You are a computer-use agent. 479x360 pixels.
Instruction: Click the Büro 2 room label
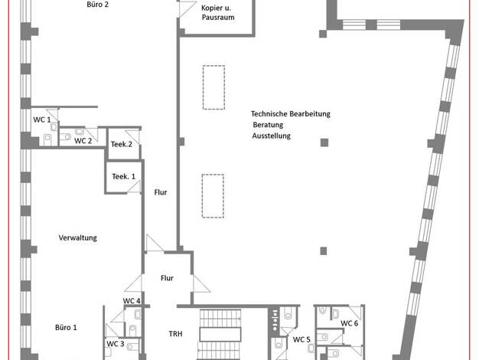point(97,5)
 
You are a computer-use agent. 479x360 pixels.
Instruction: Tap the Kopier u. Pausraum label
point(218,12)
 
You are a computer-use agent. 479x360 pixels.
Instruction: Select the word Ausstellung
point(272,136)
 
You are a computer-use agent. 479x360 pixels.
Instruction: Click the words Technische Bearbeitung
point(291,114)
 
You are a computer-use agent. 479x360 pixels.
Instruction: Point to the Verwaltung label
point(77,237)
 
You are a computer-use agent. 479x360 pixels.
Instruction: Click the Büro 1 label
point(66,327)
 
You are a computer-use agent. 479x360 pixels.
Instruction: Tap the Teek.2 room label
point(121,144)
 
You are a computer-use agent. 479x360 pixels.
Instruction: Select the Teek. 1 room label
point(123,176)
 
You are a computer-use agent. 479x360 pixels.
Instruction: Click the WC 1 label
point(42,119)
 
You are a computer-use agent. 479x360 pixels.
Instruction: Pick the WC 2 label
point(83,141)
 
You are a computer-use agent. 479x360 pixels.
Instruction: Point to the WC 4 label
point(132,301)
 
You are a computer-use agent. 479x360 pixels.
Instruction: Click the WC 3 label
point(116,344)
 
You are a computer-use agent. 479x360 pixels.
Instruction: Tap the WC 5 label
point(301,339)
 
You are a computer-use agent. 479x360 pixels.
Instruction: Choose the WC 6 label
point(349,323)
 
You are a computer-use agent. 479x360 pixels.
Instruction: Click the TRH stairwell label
point(175,334)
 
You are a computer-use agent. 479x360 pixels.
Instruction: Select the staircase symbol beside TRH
point(220,334)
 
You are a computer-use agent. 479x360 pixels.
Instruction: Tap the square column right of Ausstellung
point(324,142)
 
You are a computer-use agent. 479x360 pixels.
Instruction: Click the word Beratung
point(268,125)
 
